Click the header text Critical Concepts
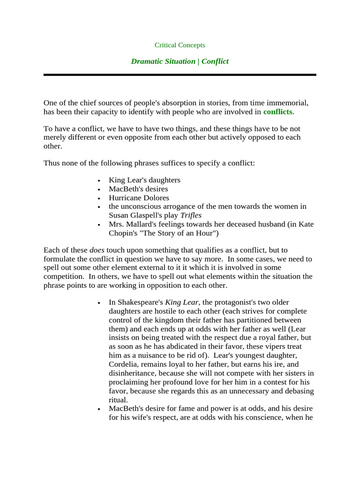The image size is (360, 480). coord(180,45)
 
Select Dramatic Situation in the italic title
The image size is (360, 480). coord(163,61)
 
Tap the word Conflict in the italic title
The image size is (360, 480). coord(215,61)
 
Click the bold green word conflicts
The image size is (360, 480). coord(277,112)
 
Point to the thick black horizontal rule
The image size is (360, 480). coord(180,75)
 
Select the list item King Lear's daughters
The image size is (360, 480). coord(144,180)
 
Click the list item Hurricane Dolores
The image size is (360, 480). coord(139,198)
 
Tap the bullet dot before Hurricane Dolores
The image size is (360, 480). coord(98,198)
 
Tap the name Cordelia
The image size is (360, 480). coord(123,364)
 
